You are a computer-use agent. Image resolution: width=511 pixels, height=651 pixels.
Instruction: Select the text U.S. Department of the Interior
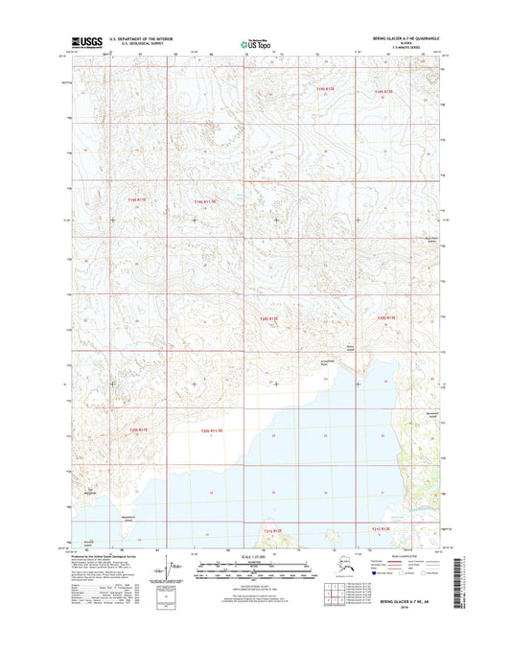coord(144,39)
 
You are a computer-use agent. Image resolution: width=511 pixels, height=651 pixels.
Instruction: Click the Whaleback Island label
coord(144,518)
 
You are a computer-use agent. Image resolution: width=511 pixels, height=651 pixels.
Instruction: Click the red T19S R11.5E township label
coord(206,201)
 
